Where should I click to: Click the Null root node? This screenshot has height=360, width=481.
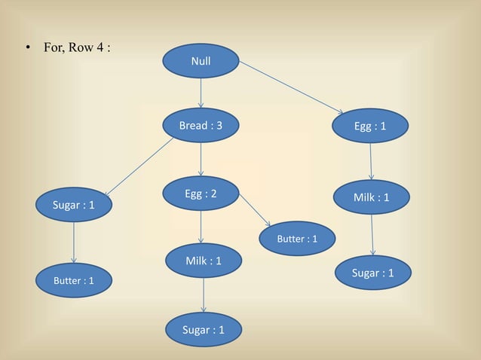click(x=201, y=61)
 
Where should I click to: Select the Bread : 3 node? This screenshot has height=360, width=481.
click(x=201, y=126)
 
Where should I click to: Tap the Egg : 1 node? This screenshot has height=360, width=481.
click(x=370, y=126)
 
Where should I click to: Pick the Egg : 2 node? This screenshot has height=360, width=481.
click(x=201, y=194)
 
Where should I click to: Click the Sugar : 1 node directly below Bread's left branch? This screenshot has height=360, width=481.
click(x=73, y=204)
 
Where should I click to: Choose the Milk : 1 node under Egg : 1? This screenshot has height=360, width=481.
click(x=371, y=197)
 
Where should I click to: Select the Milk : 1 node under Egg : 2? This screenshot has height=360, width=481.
click(x=203, y=261)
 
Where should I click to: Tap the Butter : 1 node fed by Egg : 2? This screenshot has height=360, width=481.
click(x=297, y=239)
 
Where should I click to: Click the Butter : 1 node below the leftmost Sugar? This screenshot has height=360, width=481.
click(x=73, y=280)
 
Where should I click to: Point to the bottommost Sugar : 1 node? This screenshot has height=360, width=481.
click(x=203, y=330)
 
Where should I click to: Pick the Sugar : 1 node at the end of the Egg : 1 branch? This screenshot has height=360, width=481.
click(x=372, y=273)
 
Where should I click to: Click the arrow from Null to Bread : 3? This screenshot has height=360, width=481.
click(x=201, y=93)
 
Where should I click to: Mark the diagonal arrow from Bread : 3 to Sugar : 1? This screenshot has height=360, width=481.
click(x=140, y=166)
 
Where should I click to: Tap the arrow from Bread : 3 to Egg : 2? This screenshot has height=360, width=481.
click(x=201, y=160)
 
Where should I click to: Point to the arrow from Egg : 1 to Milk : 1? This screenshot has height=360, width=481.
click(x=371, y=161)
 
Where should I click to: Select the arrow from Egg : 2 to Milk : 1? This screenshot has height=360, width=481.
click(x=201, y=227)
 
